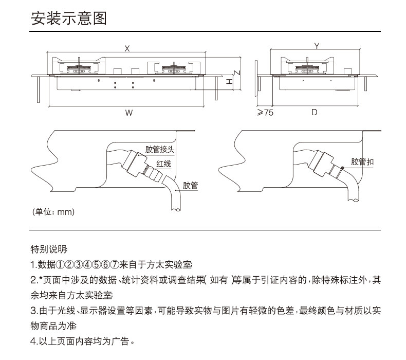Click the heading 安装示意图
[69, 19]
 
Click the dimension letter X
[127, 48]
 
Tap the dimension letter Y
[317, 46]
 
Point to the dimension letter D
[315, 112]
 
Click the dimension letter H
[229, 81]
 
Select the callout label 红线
[163, 164]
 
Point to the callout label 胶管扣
[363, 162]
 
